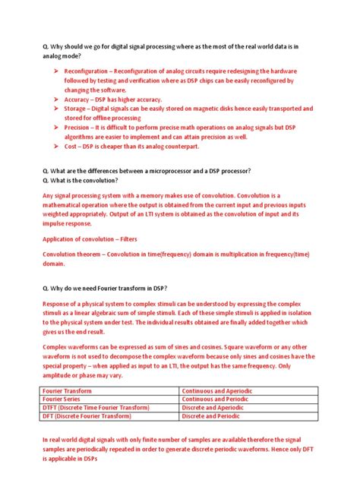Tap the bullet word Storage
[79, 109]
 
